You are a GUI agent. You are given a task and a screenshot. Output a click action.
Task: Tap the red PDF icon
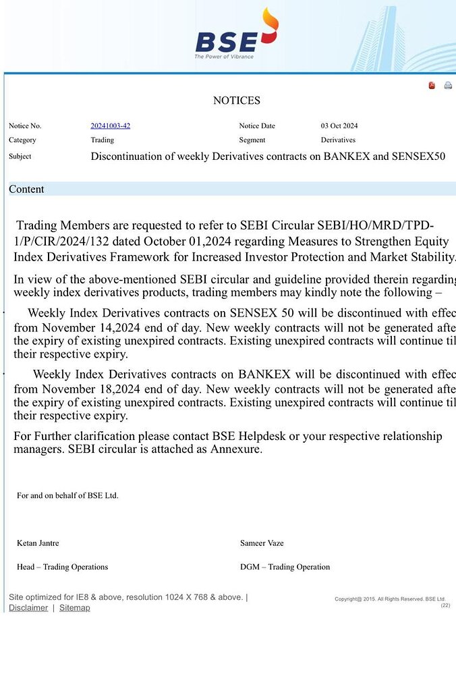(x=432, y=86)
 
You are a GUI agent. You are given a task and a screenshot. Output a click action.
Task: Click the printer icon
(x=448, y=86)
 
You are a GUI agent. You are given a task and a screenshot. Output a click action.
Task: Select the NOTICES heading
(x=236, y=101)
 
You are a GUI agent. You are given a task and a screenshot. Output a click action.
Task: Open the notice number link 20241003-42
(x=110, y=126)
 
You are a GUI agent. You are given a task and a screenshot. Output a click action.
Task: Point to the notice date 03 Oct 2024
(x=339, y=126)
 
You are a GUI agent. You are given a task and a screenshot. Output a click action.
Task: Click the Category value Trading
(x=102, y=140)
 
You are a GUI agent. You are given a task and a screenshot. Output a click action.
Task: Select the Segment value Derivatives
(x=337, y=140)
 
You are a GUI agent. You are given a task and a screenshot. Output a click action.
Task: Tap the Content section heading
(x=26, y=190)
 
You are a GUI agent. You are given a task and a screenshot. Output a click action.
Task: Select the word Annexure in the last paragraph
(x=235, y=449)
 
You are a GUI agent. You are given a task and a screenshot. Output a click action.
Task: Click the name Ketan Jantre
(x=38, y=543)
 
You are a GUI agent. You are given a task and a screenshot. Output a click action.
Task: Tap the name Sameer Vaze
(x=262, y=543)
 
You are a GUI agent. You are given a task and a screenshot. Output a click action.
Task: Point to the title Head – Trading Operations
(x=62, y=567)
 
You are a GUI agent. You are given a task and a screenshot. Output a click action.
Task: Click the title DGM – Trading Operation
(x=285, y=567)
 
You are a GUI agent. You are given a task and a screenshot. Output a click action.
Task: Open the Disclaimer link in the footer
(x=28, y=608)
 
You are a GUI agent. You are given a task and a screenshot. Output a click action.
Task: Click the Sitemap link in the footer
(x=74, y=608)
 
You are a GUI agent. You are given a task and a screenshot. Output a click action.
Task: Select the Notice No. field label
(x=25, y=126)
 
